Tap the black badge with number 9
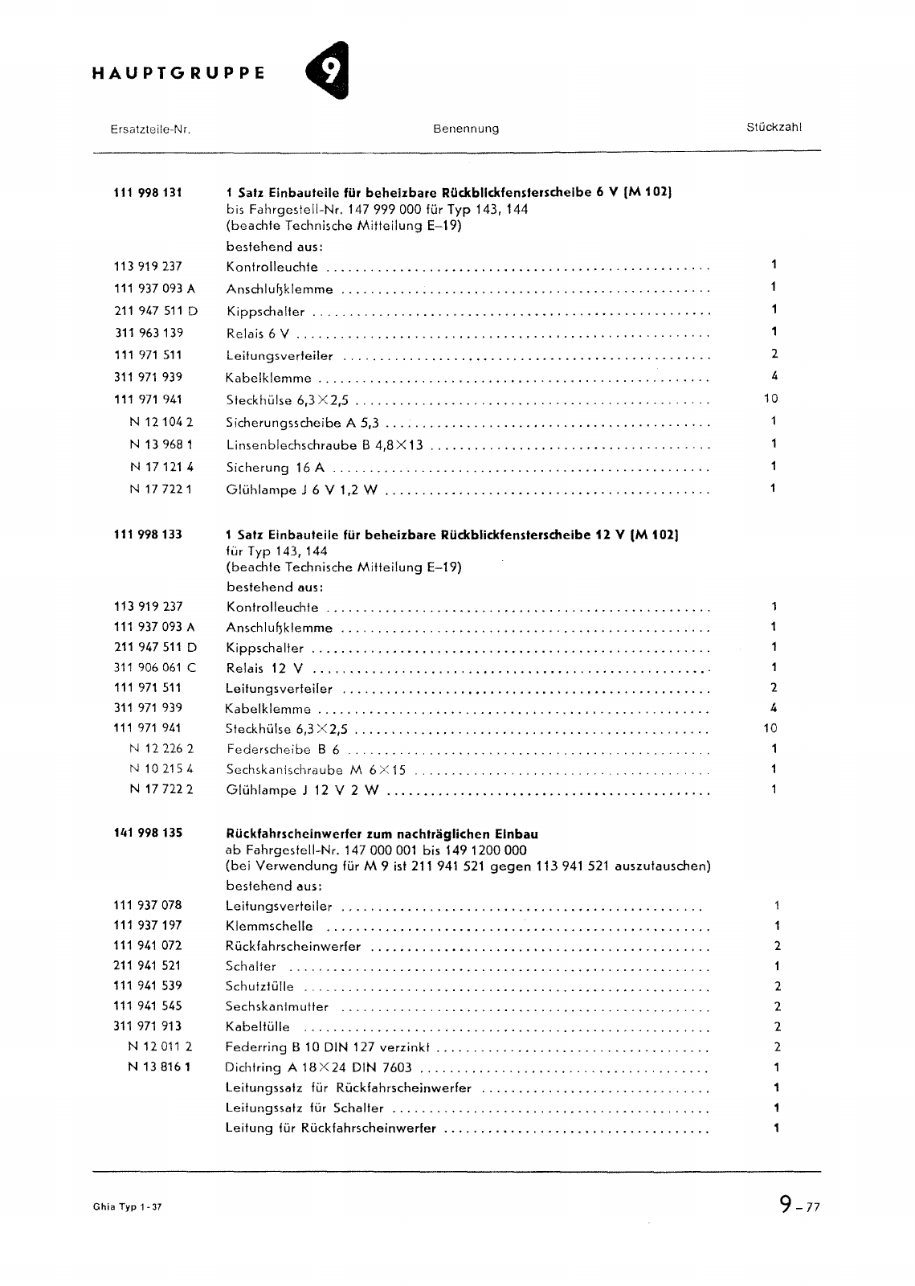click(x=329, y=71)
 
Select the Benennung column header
click(x=466, y=129)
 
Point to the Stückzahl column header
click(x=774, y=127)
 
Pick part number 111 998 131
click(x=149, y=192)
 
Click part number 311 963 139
click(x=149, y=333)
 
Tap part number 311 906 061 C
click(x=155, y=667)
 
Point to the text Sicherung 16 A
click(x=276, y=467)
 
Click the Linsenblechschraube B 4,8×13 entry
click(x=325, y=444)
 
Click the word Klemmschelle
click(x=270, y=926)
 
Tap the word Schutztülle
click(x=260, y=986)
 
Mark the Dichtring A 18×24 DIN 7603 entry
click(x=319, y=1067)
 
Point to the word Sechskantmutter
click(x=277, y=1006)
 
